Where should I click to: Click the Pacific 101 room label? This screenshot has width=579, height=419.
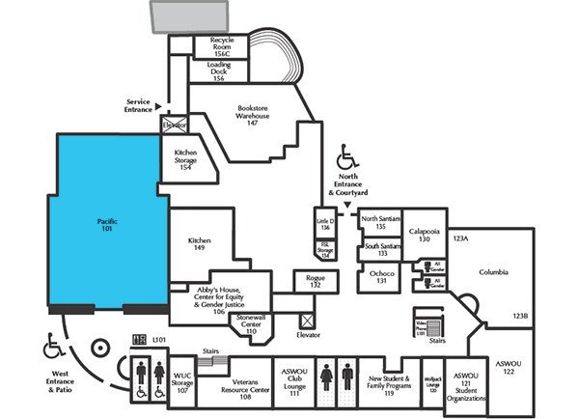point(107,226)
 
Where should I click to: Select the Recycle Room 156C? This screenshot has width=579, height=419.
point(214,45)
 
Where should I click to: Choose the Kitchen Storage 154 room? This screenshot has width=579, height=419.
point(186,160)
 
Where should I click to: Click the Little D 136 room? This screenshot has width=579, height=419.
point(324,223)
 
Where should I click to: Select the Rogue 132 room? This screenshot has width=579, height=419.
point(315,281)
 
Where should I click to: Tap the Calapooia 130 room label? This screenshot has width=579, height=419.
point(424,236)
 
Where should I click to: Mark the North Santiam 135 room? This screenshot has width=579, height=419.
point(380,222)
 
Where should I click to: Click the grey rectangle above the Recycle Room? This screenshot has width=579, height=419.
point(188,16)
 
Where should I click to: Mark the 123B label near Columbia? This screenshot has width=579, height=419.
point(520,316)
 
